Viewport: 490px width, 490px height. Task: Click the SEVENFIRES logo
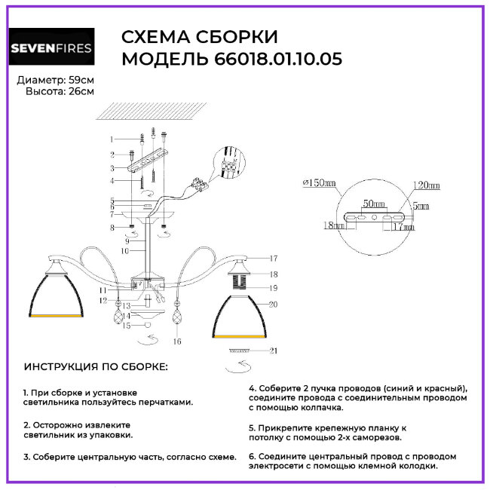coord(51,49)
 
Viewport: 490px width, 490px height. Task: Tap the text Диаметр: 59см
coord(55,80)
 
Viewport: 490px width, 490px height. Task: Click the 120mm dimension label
coord(426,185)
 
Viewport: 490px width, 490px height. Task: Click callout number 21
coord(272,351)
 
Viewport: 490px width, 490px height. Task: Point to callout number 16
coord(178,341)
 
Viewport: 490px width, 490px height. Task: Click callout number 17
coord(273,258)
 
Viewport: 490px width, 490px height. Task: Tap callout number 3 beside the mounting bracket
coord(111,168)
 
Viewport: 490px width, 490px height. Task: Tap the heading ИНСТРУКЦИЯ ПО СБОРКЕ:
coord(96,367)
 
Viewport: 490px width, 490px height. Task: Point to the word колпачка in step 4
coord(322,407)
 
